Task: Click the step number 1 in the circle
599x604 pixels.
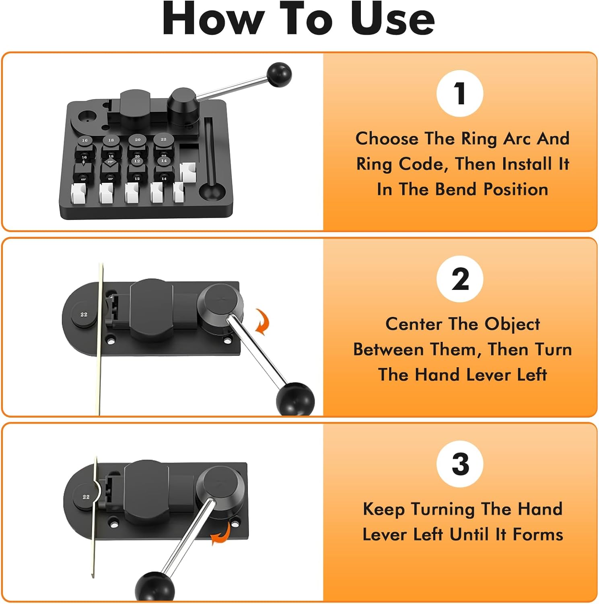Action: click(x=460, y=93)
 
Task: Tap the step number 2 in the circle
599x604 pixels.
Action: click(x=460, y=279)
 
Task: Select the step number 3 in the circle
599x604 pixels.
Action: click(x=460, y=464)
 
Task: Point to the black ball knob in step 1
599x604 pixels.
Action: click(x=279, y=74)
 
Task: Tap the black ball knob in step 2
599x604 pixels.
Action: click(x=295, y=399)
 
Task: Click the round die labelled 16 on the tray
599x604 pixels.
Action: click(x=84, y=141)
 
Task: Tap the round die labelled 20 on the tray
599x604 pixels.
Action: click(x=138, y=140)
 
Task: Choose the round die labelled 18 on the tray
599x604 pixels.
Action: click(x=111, y=140)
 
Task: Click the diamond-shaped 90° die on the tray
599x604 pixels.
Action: click(x=110, y=162)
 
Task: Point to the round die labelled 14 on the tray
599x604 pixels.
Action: click(x=164, y=161)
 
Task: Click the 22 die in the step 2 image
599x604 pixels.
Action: click(x=84, y=314)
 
